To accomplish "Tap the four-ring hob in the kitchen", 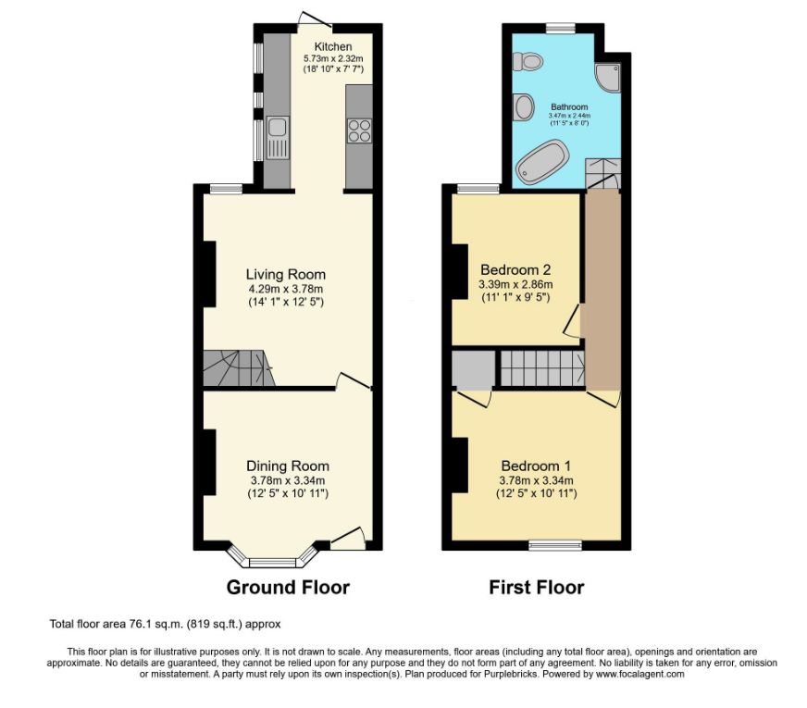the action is tap(359, 130).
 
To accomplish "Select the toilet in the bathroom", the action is tap(528, 62).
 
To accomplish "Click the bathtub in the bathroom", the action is tap(542, 163).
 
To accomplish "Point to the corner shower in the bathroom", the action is tap(608, 77).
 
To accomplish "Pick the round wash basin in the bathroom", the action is tap(525, 107).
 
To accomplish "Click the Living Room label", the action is tap(286, 274).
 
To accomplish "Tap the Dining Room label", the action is tap(288, 466).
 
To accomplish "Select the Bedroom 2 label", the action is tap(515, 269).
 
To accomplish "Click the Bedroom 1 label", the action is tap(536, 466).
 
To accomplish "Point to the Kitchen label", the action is tap(333, 47).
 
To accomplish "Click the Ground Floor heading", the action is tap(288, 588).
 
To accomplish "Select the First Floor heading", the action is tap(537, 588).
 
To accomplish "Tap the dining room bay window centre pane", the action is tap(273, 563).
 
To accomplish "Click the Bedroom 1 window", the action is tap(556, 545).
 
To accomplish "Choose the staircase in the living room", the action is tap(238, 368).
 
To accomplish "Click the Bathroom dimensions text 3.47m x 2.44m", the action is tap(569, 117).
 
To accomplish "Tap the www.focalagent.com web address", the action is tap(640, 674).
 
